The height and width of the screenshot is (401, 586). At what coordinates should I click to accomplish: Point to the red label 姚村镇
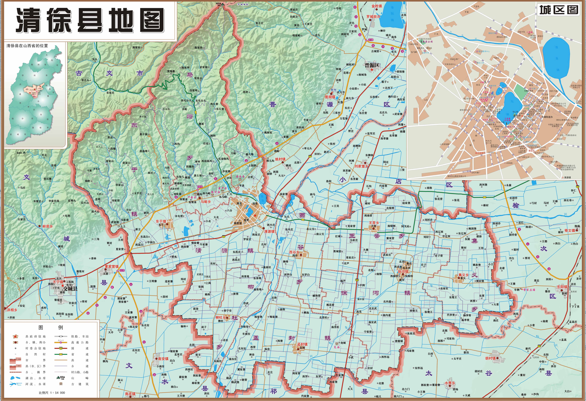(280, 159)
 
